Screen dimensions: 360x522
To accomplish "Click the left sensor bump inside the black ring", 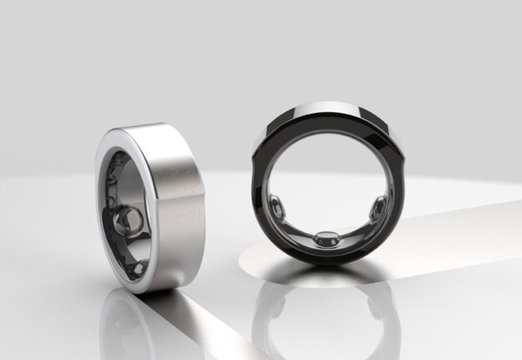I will [275, 208].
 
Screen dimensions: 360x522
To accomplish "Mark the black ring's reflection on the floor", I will [326, 313].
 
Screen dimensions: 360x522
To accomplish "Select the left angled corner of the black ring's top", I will [265, 130].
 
